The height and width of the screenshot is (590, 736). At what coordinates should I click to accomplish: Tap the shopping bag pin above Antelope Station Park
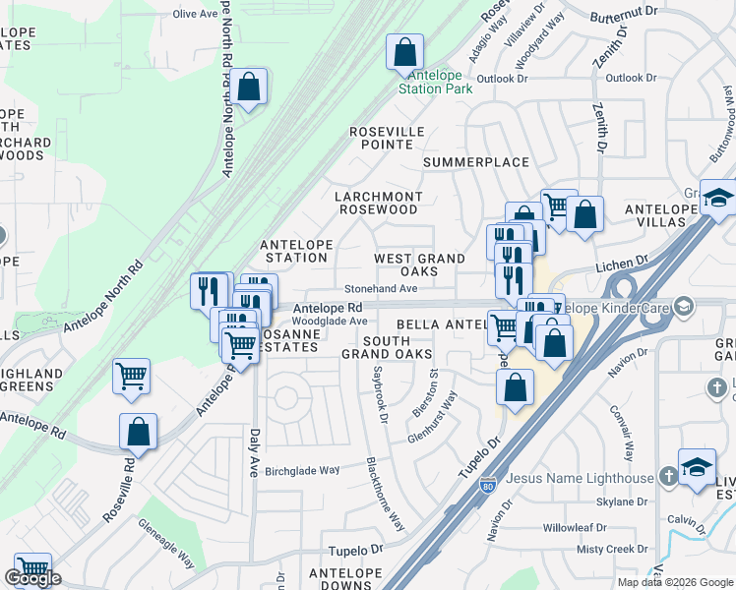tap(404, 51)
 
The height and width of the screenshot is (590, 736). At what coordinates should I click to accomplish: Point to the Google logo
tap(32, 578)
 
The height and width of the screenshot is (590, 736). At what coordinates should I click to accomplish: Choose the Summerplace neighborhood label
tap(470, 161)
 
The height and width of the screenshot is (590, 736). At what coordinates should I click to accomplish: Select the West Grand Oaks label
tap(419, 265)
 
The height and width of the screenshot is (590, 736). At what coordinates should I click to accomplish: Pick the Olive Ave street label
tap(193, 14)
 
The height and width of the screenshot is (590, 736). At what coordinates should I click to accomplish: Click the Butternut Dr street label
tap(623, 10)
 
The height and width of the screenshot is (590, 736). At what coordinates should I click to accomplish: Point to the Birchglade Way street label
tap(302, 471)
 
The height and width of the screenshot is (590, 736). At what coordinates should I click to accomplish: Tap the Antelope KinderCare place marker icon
tap(685, 308)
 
